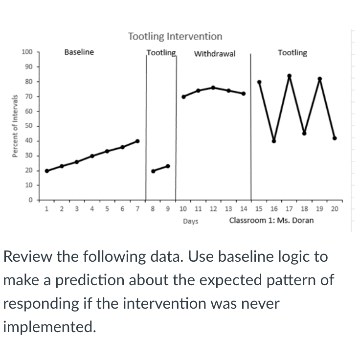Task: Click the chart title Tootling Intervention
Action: tap(175, 36)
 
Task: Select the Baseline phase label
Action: tap(79, 52)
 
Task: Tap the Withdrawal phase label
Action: tap(215, 53)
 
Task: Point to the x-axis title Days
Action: tap(191, 221)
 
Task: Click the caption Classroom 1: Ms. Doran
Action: tap(271, 220)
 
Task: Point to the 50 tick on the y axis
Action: tap(28, 126)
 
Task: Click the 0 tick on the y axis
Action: tap(30, 200)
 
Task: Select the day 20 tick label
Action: tap(334, 209)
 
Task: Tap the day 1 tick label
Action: tap(46, 209)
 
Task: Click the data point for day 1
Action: tap(46, 171)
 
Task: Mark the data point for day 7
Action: tap(137, 141)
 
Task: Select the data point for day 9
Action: tap(168, 166)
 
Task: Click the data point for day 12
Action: tap(213, 88)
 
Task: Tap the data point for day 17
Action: tap(289, 76)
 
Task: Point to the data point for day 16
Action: tap(274, 141)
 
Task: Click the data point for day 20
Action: tap(335, 138)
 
